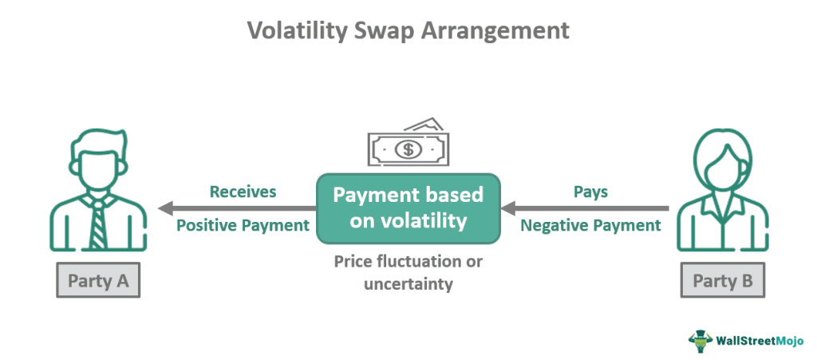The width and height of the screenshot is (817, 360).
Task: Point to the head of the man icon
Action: (x=97, y=160)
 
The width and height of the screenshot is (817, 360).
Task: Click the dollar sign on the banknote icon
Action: (x=408, y=148)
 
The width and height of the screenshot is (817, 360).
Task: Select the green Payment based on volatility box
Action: (x=408, y=208)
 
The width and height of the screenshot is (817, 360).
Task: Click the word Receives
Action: (x=243, y=192)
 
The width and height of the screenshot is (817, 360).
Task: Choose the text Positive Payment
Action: (x=243, y=226)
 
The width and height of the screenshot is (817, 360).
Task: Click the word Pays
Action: (x=590, y=192)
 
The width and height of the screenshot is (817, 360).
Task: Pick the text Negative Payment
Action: (x=590, y=226)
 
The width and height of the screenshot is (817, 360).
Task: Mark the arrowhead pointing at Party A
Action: (x=165, y=209)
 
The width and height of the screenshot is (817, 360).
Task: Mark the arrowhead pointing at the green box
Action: (x=508, y=209)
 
